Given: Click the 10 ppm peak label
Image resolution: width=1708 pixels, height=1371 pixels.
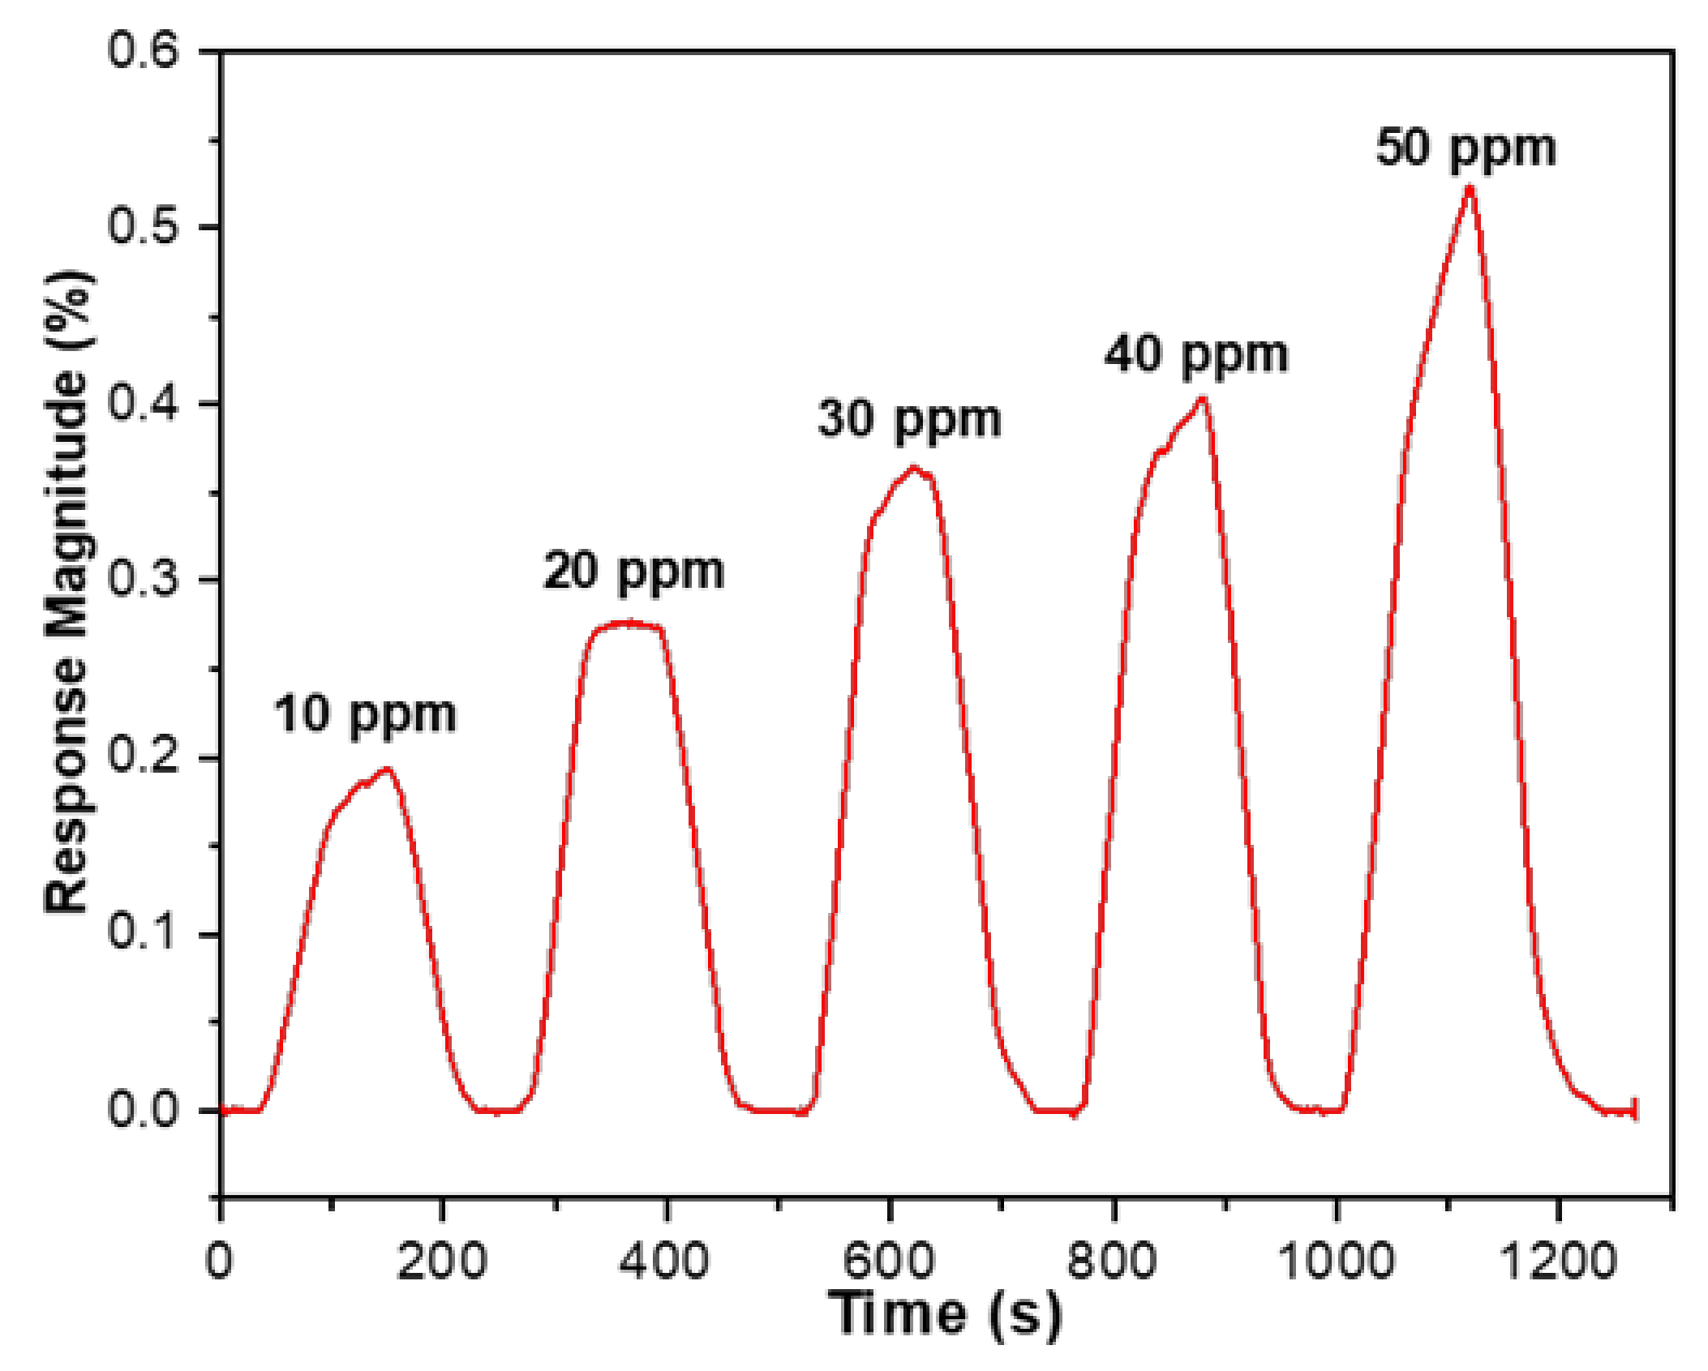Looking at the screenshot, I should tap(365, 716).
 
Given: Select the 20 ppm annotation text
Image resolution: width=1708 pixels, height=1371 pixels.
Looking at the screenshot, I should tap(633, 572).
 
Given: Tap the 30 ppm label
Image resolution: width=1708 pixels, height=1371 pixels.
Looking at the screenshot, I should tap(909, 421).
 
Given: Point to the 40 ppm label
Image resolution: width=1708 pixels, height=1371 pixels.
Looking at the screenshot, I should tap(1195, 356).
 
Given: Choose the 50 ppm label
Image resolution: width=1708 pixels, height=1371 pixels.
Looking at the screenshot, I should tap(1466, 149).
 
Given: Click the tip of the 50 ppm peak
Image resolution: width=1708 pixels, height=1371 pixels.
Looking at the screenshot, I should tap(1469, 189).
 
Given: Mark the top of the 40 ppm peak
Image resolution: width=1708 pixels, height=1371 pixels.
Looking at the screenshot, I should tap(1202, 398).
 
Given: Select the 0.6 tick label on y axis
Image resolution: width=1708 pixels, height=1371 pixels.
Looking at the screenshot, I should tap(143, 50).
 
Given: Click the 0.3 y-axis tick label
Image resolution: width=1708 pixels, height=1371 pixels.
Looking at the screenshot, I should tap(143, 579).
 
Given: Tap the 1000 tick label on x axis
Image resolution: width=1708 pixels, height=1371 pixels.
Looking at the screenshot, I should tap(1336, 1262).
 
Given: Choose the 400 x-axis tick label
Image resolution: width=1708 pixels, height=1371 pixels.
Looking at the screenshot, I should tap(664, 1262).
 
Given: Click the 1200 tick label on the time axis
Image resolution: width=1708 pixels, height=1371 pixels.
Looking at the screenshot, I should tap(1558, 1262).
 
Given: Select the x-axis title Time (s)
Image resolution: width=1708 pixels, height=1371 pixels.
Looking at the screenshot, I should tap(945, 1314).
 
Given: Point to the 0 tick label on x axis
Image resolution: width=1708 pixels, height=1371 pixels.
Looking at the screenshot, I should tap(219, 1262).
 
